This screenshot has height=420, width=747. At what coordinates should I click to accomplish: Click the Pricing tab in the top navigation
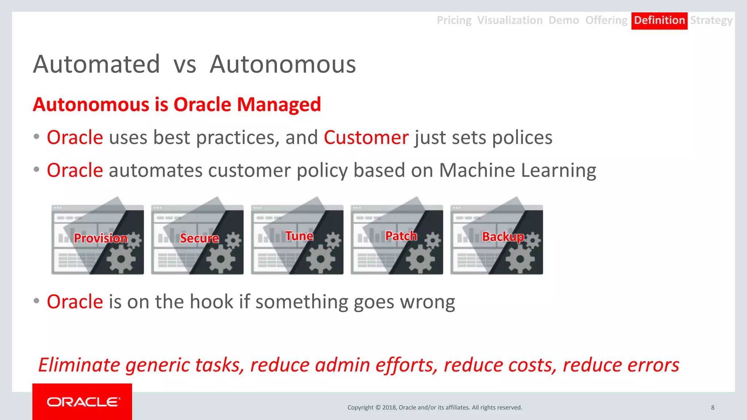[454, 20]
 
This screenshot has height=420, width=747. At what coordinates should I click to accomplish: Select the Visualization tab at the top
[510, 20]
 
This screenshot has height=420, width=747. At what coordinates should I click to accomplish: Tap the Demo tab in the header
[564, 20]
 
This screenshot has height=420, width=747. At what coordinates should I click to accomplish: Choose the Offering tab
[606, 20]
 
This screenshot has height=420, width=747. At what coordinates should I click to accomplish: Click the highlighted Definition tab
[659, 20]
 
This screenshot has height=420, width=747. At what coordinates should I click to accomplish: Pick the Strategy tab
[711, 20]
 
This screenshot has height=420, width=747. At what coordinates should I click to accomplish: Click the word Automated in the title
[97, 65]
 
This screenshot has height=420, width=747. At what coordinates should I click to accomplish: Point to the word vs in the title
[185, 65]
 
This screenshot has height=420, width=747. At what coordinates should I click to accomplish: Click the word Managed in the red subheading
[279, 105]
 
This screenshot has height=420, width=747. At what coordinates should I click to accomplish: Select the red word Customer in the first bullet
[366, 138]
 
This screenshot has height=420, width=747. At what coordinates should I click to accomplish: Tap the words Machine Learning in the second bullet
[517, 171]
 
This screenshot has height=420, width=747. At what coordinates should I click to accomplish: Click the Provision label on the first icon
[101, 238]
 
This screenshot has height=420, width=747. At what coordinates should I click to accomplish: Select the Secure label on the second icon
[199, 238]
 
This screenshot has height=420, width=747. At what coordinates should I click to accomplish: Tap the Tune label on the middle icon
[299, 236]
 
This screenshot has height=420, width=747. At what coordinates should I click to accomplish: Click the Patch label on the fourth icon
[401, 236]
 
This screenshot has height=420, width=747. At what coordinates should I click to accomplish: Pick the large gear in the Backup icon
[520, 259]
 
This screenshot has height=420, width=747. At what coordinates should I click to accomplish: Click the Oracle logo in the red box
[82, 402]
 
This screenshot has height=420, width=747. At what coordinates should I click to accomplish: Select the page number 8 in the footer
[712, 408]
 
